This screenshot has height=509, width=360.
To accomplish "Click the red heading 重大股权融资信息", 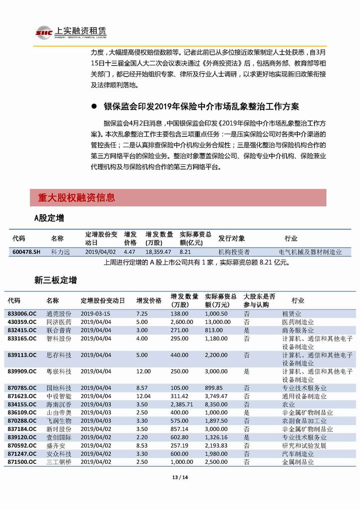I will click(x=76, y=198).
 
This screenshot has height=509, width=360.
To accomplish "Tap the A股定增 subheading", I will click(x=49, y=218).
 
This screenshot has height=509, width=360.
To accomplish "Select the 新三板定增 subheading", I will click(x=55, y=281).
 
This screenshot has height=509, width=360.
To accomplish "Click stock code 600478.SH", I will click(x=26, y=252).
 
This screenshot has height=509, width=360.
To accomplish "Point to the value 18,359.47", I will click(x=158, y=252).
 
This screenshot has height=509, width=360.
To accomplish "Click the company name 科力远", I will click(x=61, y=252).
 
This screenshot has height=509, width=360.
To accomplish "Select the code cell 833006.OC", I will click(x=22, y=314).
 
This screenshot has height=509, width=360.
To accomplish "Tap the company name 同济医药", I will click(x=59, y=322).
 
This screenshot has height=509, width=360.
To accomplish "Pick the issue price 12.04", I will click(x=143, y=396).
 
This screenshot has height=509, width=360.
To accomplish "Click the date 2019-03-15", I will click(x=95, y=314).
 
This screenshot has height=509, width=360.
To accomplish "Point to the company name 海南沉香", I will click(x=59, y=404).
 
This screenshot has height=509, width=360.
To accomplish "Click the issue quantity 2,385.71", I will click(x=181, y=404).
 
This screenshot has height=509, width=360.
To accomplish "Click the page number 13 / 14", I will click(x=180, y=478).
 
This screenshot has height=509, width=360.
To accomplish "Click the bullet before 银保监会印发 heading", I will click(x=93, y=107).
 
